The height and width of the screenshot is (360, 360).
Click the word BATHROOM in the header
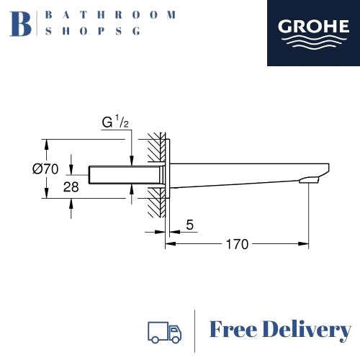[110, 14]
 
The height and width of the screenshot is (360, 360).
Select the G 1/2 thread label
[115, 122]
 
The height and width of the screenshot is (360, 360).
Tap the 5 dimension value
[189, 225]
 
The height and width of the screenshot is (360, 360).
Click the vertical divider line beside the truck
[195, 330]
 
